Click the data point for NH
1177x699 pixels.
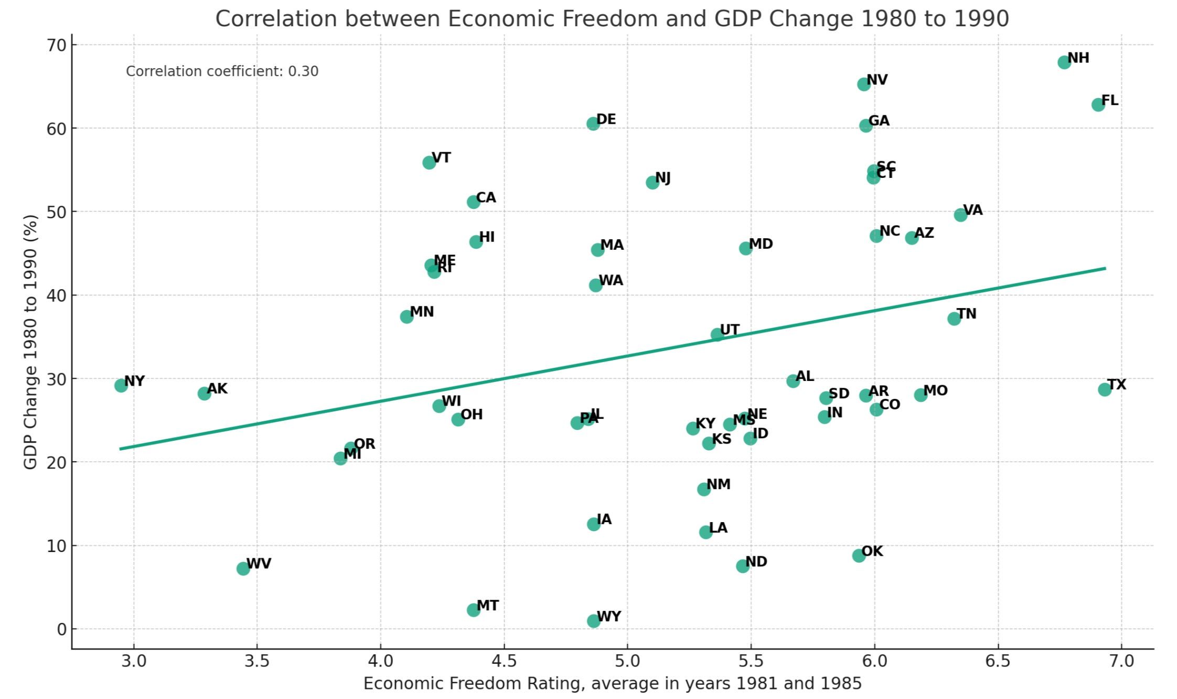tap(1064, 62)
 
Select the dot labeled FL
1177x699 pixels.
tap(1098, 104)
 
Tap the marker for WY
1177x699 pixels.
tap(593, 621)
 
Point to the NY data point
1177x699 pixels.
tap(121, 385)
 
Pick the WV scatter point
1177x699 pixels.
tap(243, 568)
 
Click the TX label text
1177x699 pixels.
tap(1117, 385)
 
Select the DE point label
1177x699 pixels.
tap(606, 119)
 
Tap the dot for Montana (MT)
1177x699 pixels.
tap(473, 610)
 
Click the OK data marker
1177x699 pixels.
tap(859, 556)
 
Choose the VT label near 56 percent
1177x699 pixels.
tap(441, 157)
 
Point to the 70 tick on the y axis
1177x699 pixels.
tap(57, 45)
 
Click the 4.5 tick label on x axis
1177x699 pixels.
tap(504, 661)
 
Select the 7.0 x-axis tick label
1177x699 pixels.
tap(1121, 661)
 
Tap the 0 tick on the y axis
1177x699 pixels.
tap(62, 629)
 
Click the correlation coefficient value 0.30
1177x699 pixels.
tap(303, 71)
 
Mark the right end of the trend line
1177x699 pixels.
tap(1105, 268)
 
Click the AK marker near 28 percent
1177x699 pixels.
tap(204, 394)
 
